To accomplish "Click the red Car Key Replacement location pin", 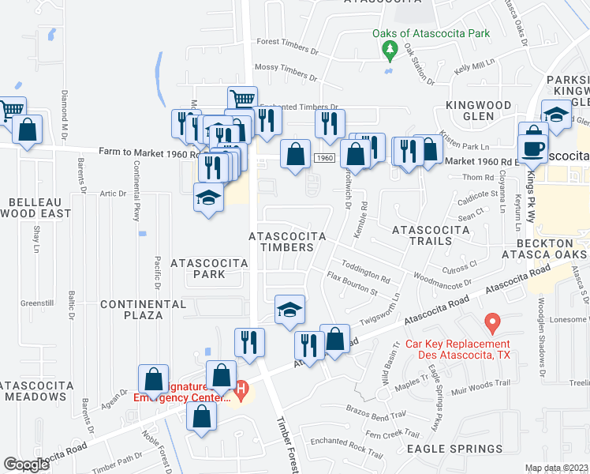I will click(x=492, y=322).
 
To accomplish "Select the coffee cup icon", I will click(x=532, y=148).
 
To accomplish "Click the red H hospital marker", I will click(x=242, y=389).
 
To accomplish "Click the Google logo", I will click(x=26, y=465).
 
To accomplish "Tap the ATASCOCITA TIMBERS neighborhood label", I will click(x=281, y=242).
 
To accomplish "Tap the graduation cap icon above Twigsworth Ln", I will click(x=289, y=309).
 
